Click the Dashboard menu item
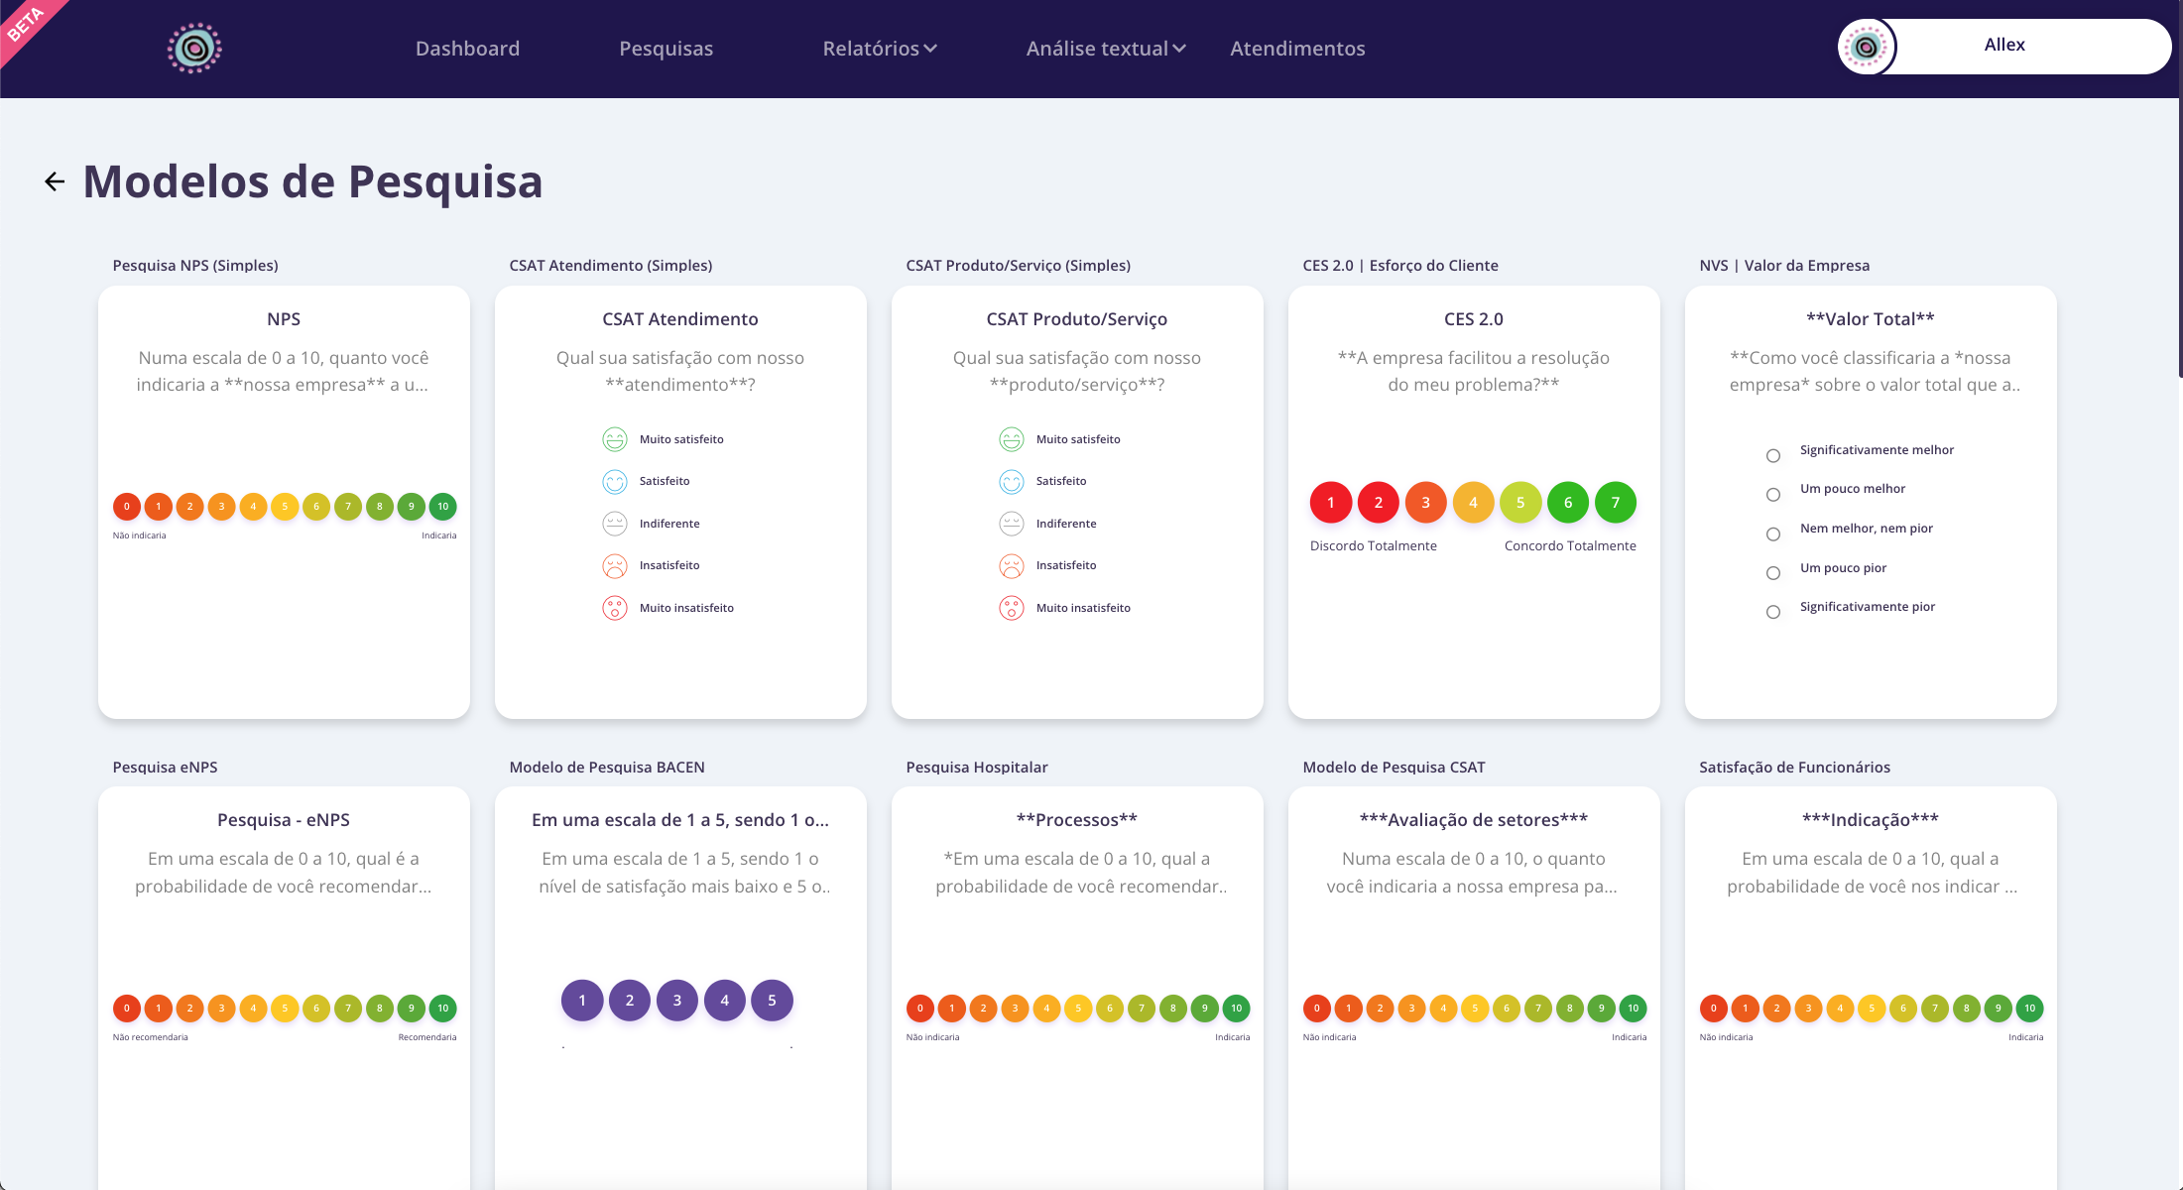(x=467, y=49)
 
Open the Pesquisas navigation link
(x=666, y=49)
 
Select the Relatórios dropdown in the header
(x=879, y=49)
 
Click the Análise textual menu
(x=1105, y=49)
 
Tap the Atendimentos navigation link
(x=1297, y=49)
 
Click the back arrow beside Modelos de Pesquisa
(x=55, y=181)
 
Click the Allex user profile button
(x=2003, y=46)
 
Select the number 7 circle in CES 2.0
(x=1615, y=503)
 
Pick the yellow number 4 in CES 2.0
(x=1473, y=503)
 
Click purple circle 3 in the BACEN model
(x=677, y=1001)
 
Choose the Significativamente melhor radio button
(x=1773, y=456)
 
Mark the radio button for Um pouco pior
(x=1773, y=573)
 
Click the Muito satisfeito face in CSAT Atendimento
(x=615, y=439)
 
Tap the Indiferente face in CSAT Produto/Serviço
(x=1012, y=524)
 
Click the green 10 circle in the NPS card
(x=442, y=507)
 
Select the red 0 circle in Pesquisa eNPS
(x=126, y=1009)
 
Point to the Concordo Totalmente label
(x=1570, y=546)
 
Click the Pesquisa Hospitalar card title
(x=976, y=768)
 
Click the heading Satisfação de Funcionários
(x=1794, y=768)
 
